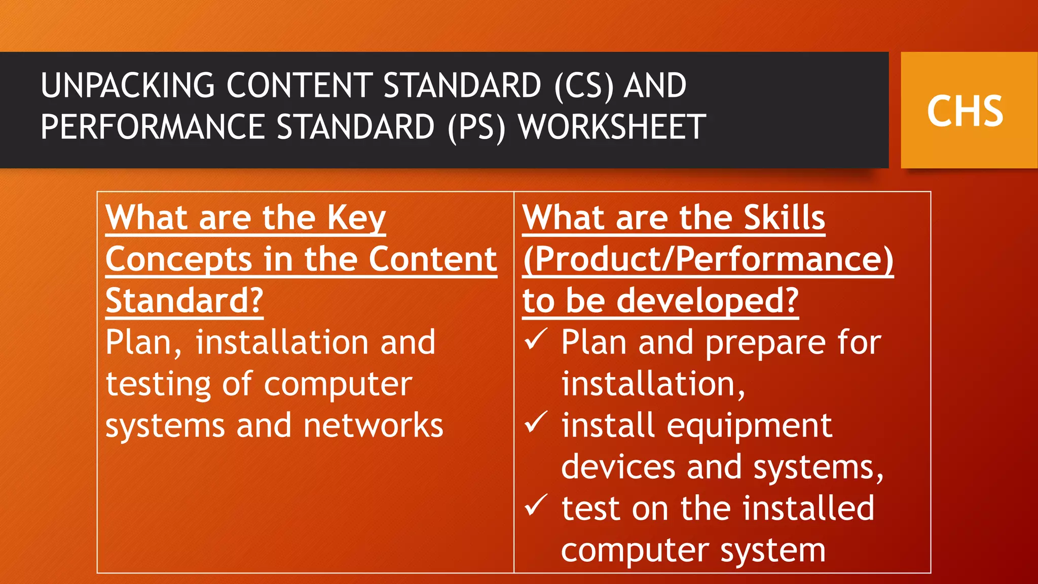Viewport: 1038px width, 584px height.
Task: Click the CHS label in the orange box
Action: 965,111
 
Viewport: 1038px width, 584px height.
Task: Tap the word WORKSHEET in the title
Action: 612,127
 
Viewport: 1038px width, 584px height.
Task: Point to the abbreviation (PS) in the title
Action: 476,127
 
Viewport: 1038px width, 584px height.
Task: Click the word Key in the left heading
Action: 356,218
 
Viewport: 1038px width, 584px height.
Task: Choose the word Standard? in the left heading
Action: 184,301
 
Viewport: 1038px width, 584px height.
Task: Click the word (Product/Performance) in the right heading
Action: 708,260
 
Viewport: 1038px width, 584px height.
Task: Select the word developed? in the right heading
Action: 708,301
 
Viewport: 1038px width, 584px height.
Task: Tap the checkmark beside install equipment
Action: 535,422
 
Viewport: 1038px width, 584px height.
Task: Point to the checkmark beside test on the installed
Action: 535,505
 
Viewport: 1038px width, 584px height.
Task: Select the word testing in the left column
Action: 158,384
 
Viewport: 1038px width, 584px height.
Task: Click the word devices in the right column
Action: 618,467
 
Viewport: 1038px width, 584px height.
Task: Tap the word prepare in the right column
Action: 765,343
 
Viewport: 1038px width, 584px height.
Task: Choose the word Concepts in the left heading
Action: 178,260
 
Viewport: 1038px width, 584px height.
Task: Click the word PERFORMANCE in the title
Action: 152,127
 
